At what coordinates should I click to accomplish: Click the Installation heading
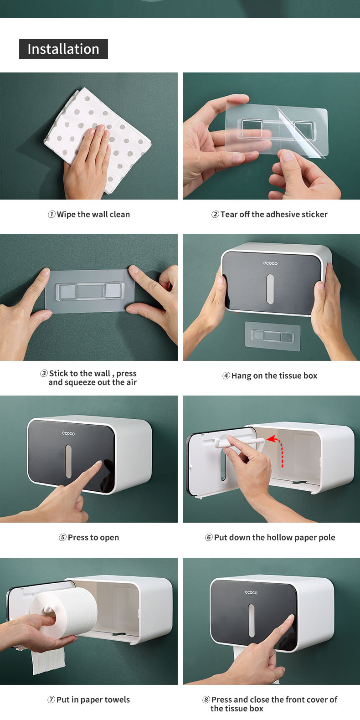[63, 49]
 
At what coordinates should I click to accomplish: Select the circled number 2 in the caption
[215, 214]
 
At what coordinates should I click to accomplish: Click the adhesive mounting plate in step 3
[89, 291]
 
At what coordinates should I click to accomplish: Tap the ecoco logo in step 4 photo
[270, 263]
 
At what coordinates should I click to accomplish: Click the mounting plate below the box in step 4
[272, 336]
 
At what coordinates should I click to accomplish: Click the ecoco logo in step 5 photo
[68, 433]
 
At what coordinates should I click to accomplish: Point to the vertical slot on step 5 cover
[68, 461]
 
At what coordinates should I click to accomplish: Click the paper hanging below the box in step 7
[48, 661]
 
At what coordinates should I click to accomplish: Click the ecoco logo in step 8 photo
[251, 592]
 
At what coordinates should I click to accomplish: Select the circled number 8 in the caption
[206, 699]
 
